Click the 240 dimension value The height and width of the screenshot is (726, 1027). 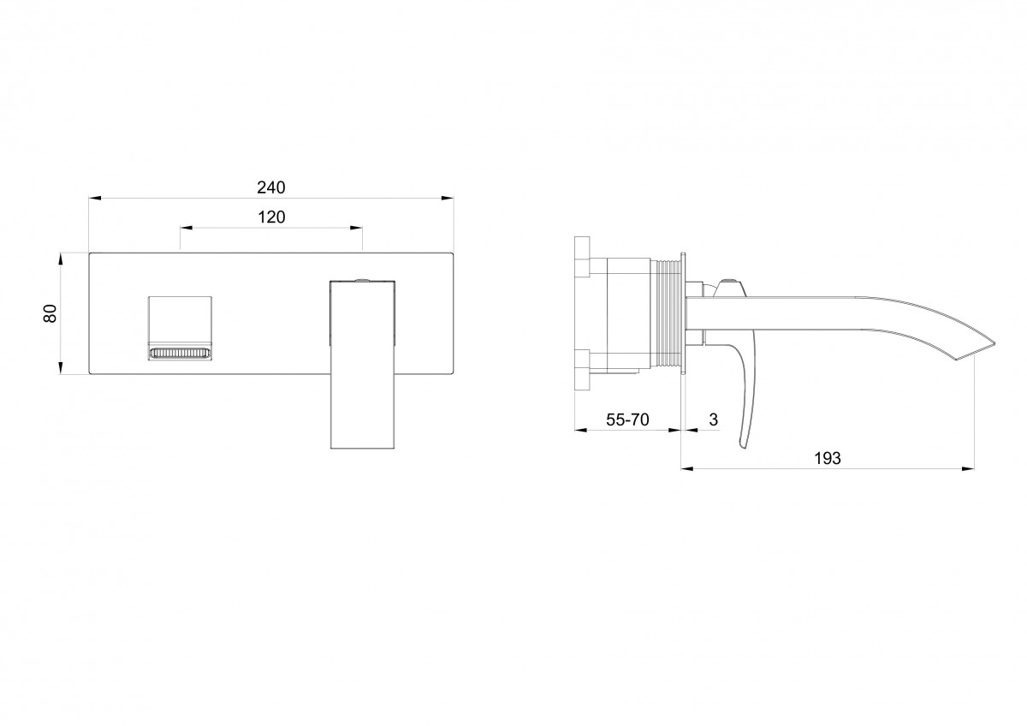(x=271, y=187)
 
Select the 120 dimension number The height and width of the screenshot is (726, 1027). (x=271, y=217)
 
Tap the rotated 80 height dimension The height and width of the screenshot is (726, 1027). (x=50, y=313)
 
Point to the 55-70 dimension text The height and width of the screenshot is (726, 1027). (x=627, y=420)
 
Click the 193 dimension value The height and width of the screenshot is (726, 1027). (x=828, y=458)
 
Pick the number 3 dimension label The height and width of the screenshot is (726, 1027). (x=714, y=420)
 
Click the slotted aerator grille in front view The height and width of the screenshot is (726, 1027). (x=180, y=354)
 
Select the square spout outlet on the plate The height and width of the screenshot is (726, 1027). (x=180, y=329)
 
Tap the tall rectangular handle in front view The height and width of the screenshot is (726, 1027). (x=363, y=364)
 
